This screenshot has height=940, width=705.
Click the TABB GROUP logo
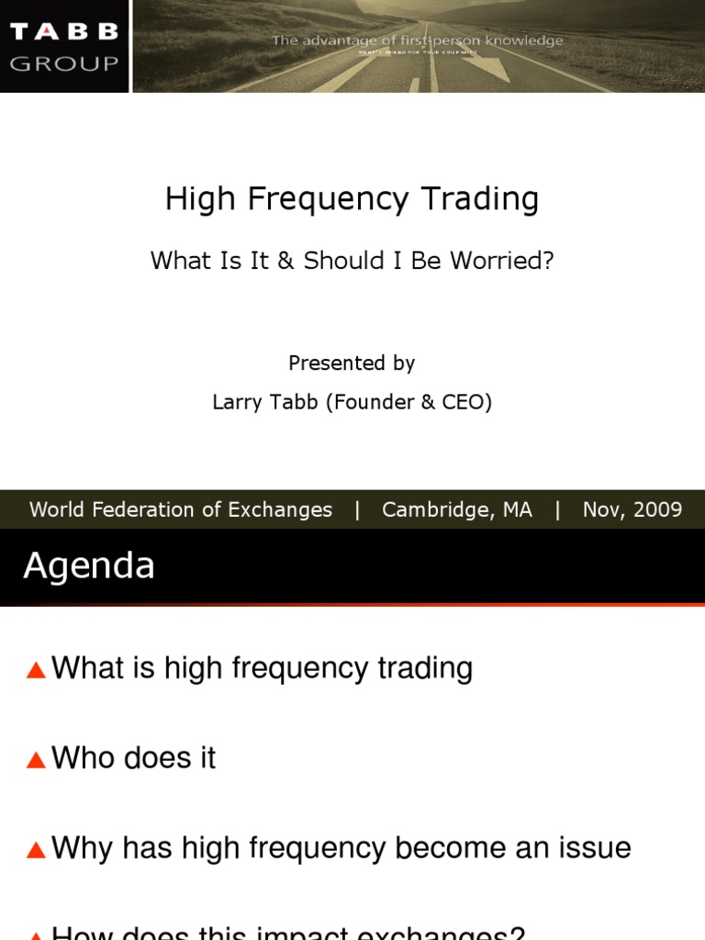click(64, 46)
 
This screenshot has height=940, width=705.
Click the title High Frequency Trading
click(352, 198)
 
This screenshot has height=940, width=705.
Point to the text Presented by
click(352, 363)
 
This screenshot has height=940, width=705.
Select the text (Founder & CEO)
click(408, 402)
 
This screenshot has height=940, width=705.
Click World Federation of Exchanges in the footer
click(181, 509)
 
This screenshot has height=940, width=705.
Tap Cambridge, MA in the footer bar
click(456, 509)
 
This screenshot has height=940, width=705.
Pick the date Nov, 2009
click(632, 509)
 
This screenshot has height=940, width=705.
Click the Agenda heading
click(89, 565)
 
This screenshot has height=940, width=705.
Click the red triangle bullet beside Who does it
click(36, 760)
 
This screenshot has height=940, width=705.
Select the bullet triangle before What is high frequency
click(36, 670)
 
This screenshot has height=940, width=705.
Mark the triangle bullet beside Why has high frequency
click(36, 850)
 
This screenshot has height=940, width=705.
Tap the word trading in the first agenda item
click(424, 668)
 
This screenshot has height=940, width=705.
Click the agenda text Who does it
click(134, 758)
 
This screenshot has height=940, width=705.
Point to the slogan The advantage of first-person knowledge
click(417, 40)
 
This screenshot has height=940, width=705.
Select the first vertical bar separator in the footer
click(357, 509)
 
